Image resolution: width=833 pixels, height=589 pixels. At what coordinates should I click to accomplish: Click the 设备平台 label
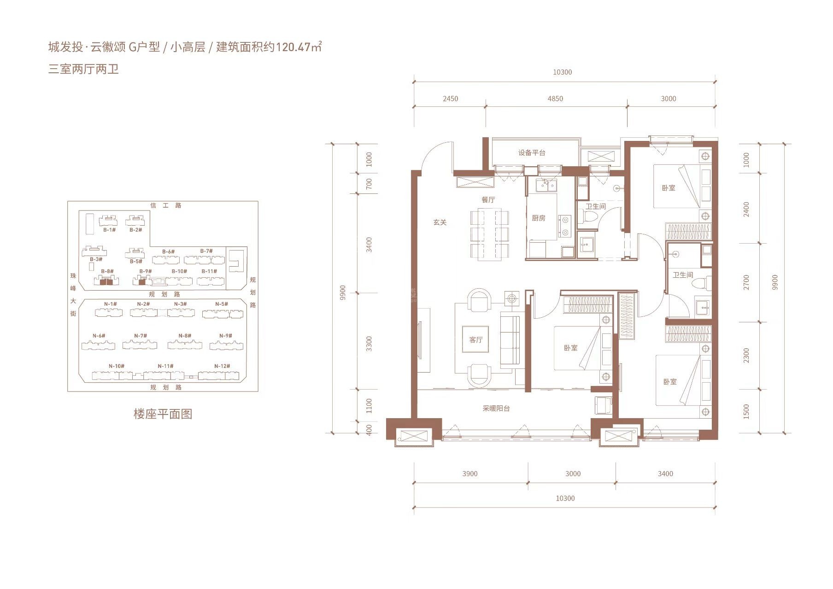coord(532,153)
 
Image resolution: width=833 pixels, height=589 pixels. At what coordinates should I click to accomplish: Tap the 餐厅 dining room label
coord(488,199)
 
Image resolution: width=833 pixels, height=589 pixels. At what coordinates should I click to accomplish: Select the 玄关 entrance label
coord(440,222)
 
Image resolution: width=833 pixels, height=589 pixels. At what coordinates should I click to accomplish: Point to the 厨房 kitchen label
coord(539,218)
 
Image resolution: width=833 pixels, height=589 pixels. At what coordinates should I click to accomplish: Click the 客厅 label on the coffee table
coord(476,340)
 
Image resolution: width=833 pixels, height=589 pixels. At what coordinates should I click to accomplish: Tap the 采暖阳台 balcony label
coord(496,408)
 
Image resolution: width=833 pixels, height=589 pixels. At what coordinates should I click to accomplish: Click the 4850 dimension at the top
coord(555,99)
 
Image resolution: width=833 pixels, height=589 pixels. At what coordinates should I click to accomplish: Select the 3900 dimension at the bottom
coord(470,473)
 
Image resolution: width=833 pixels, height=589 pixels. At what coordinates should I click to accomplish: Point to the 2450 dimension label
coord(450,99)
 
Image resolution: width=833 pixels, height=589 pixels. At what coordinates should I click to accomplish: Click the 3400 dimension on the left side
coord(369,245)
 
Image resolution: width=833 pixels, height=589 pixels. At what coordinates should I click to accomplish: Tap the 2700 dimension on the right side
coord(746,282)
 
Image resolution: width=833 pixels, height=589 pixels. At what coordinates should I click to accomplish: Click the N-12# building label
coord(222,366)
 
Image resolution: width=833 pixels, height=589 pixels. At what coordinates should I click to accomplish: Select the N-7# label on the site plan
coord(141,336)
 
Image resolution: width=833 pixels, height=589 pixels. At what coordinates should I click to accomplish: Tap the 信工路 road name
coord(166,205)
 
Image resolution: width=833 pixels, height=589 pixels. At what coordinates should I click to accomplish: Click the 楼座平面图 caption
coord(163,414)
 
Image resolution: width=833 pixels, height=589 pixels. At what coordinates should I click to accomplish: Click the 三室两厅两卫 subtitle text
coord(83,69)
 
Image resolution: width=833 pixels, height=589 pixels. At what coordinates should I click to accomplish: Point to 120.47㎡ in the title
coord(298,47)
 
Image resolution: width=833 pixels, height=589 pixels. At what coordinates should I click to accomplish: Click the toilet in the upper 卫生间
coord(590,217)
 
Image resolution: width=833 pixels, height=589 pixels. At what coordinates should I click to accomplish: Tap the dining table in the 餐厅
coord(489,235)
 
